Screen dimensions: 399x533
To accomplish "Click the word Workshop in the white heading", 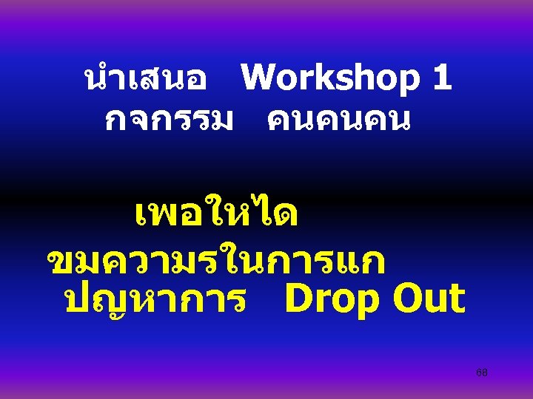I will click(x=330, y=78).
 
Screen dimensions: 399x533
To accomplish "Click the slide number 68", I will click(x=482, y=372).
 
